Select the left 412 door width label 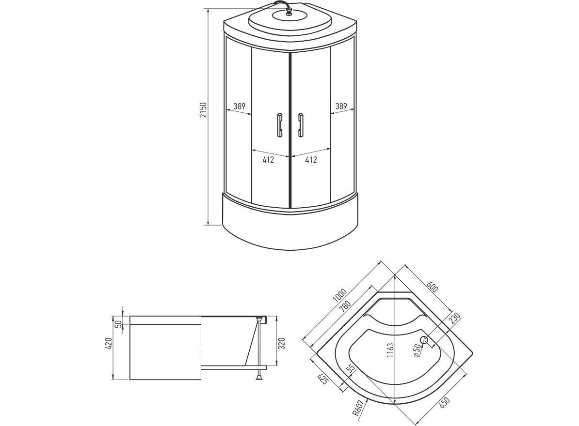[268, 160]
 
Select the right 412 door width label [311, 160]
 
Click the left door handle [279, 125]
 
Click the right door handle [301, 125]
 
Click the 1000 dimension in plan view [339, 295]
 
